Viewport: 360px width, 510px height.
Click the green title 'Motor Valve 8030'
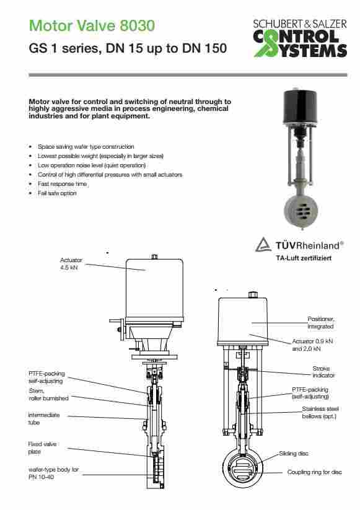point(92,25)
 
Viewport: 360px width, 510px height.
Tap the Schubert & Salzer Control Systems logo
point(300,38)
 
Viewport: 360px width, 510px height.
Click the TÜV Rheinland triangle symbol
point(263,245)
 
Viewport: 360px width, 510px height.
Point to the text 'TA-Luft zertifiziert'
point(304,258)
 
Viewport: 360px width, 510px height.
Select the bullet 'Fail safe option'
point(57,193)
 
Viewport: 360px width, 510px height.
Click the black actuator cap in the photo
point(299,107)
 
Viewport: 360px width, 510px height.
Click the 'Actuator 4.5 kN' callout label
point(71,264)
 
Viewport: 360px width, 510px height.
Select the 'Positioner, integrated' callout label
point(320,323)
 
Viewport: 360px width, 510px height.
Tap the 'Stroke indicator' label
point(323,372)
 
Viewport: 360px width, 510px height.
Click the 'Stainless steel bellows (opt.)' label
point(320,413)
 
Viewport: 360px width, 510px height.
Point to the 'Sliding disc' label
point(293,454)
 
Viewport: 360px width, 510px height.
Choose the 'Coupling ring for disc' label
point(314,472)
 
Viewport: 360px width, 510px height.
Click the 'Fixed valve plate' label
point(42,448)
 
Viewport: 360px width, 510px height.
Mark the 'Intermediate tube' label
point(43,419)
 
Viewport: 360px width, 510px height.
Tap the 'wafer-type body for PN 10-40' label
point(53,473)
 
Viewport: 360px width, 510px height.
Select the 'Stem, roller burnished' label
point(48,395)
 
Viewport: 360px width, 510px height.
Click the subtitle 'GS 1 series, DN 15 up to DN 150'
point(128,48)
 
